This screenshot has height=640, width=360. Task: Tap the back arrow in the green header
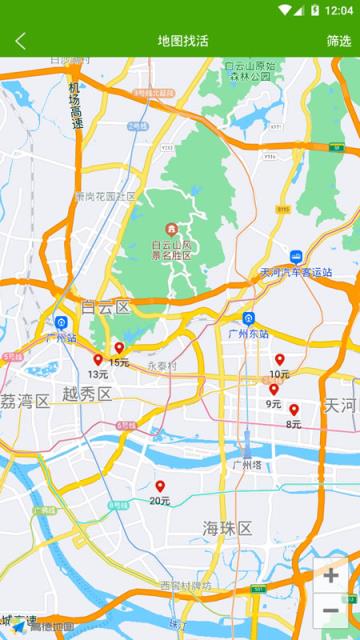[21, 41]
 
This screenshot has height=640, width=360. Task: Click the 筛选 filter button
[339, 41]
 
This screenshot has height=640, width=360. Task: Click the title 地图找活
[183, 41]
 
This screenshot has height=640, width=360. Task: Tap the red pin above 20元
[160, 486]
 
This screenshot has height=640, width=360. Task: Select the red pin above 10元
[280, 359]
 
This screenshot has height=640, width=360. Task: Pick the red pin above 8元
[294, 409]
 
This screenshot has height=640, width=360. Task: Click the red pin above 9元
[274, 389]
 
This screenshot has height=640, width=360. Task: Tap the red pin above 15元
[119, 348]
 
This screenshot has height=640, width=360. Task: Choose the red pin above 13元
[98, 359]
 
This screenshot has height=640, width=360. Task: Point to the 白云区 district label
[106, 306]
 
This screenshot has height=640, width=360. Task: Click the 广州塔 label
[246, 464]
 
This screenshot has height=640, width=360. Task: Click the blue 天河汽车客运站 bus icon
[296, 257]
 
